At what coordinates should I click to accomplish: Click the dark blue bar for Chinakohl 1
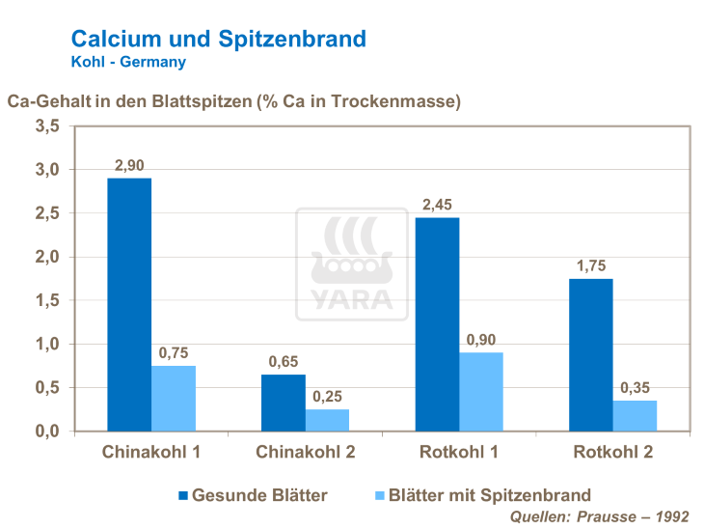click(x=129, y=304)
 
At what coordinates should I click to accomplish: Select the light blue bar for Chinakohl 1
click(x=174, y=398)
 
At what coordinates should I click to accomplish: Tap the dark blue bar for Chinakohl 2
click(x=284, y=402)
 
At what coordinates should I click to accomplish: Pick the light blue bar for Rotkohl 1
click(x=481, y=391)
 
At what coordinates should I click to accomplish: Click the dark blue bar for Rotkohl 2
click(x=591, y=354)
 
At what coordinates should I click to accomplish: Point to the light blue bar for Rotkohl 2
click(x=635, y=415)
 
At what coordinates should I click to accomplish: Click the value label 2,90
click(x=129, y=165)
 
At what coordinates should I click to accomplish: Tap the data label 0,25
click(x=327, y=396)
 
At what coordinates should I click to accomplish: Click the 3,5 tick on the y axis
click(x=47, y=126)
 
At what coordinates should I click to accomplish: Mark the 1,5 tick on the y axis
click(x=47, y=301)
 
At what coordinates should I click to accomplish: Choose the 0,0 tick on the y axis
click(x=47, y=432)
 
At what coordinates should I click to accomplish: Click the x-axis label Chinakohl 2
click(x=305, y=453)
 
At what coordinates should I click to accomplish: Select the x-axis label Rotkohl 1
click(x=459, y=453)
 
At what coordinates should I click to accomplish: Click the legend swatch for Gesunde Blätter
click(x=183, y=496)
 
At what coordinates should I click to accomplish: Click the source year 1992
click(x=672, y=516)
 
